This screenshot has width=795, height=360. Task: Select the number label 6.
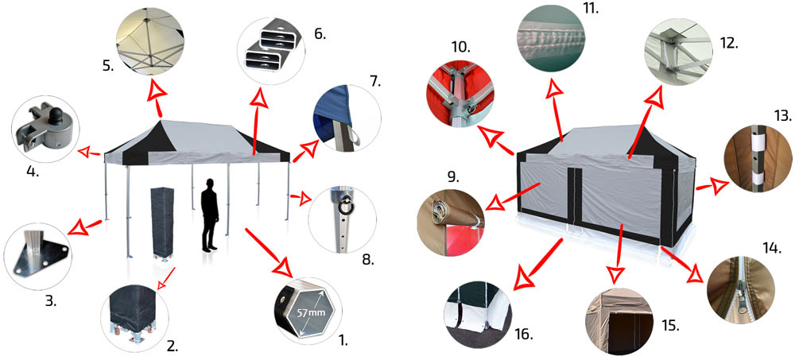click(x=320, y=35)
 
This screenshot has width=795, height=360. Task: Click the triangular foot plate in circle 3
click(x=37, y=254)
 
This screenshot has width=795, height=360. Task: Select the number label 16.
click(x=523, y=335)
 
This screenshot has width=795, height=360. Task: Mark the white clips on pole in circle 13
click(x=757, y=158)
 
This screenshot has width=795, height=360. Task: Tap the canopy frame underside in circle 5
click(x=149, y=42)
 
